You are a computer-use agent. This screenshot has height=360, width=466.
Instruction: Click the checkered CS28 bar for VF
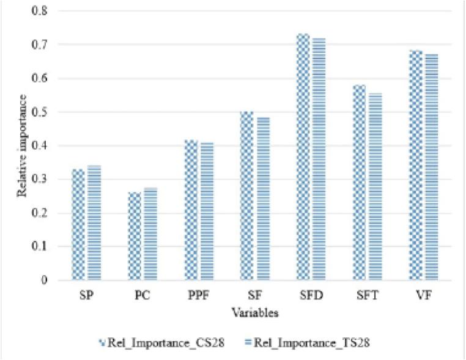point(416,165)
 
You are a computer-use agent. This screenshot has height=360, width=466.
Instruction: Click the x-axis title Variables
point(256,313)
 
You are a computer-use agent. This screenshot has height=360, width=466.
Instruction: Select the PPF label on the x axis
point(199,296)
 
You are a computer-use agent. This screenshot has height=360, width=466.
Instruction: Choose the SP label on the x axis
point(87,296)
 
